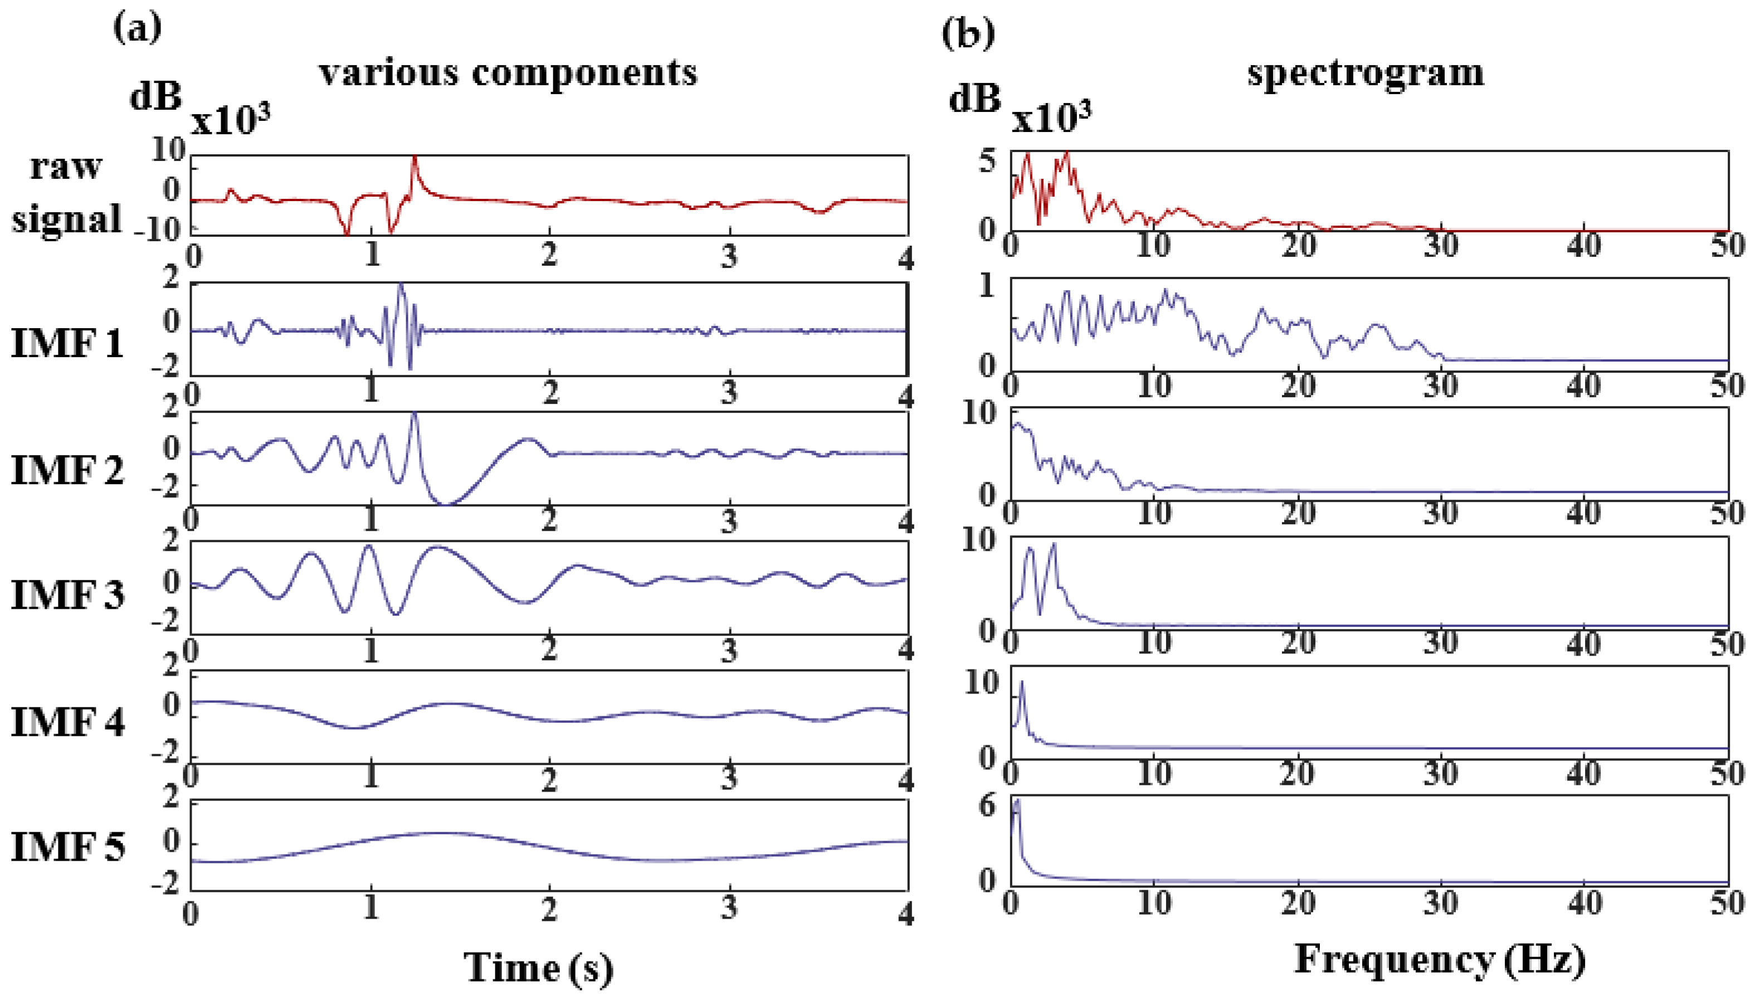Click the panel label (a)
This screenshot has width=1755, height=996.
(138, 28)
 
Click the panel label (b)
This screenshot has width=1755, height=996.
(967, 32)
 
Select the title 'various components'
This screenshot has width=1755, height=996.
(508, 72)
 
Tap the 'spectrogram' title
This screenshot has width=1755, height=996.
(1366, 72)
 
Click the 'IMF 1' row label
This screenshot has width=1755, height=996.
(67, 342)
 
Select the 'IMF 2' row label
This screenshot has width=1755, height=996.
(67, 470)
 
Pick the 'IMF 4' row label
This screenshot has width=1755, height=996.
(67, 722)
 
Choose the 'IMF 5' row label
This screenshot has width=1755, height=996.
(67, 847)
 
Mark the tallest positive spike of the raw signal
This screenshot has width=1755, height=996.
(414, 159)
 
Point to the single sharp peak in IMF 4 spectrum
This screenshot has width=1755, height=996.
(1022, 682)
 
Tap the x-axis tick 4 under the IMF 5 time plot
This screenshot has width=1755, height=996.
(906, 913)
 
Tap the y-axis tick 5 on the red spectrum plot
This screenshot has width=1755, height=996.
(987, 162)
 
